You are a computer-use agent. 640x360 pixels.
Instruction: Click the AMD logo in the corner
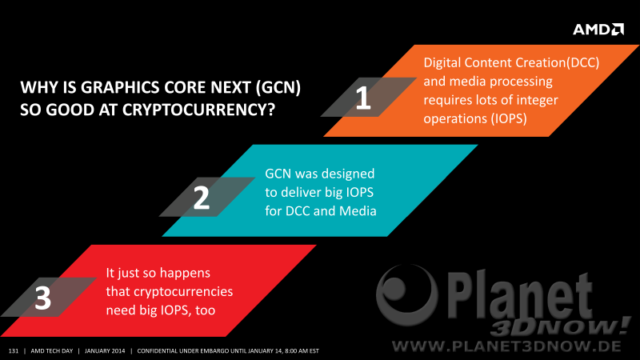coord(598,30)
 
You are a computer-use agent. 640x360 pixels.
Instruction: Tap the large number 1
coord(363,98)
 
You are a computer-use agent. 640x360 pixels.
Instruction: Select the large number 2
coord(202,198)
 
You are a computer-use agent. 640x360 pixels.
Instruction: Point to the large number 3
coord(43,298)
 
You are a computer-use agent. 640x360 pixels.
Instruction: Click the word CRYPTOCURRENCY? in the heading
coord(198,110)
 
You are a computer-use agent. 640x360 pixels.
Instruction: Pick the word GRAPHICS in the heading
coord(120,87)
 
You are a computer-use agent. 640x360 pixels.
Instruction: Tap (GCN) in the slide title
coord(278,87)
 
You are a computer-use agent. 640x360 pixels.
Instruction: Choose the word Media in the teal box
coord(358,210)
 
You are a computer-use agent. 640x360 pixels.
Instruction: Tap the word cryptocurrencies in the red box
coord(183,291)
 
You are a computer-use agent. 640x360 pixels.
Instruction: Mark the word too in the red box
coord(206,310)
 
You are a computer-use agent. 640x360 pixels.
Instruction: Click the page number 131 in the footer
coord(14,351)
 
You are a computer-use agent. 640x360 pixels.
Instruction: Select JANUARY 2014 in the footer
coord(105,351)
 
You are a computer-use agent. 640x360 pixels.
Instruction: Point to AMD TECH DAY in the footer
coord(52,351)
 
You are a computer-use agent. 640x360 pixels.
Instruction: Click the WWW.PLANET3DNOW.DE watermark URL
coord(506,346)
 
